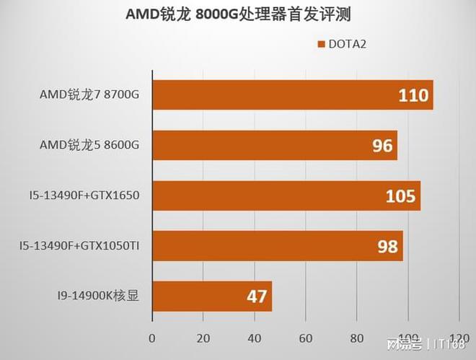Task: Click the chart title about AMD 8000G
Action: point(239,15)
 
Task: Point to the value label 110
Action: point(414,95)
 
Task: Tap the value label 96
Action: point(382,146)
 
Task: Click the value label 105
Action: point(401,196)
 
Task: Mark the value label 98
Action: point(387,246)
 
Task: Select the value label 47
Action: point(256,297)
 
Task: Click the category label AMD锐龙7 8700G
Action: point(89,95)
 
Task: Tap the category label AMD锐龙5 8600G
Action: point(89,146)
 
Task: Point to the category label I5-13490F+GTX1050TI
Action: point(79,246)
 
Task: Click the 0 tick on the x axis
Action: point(151,337)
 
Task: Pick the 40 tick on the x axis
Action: point(254,337)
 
